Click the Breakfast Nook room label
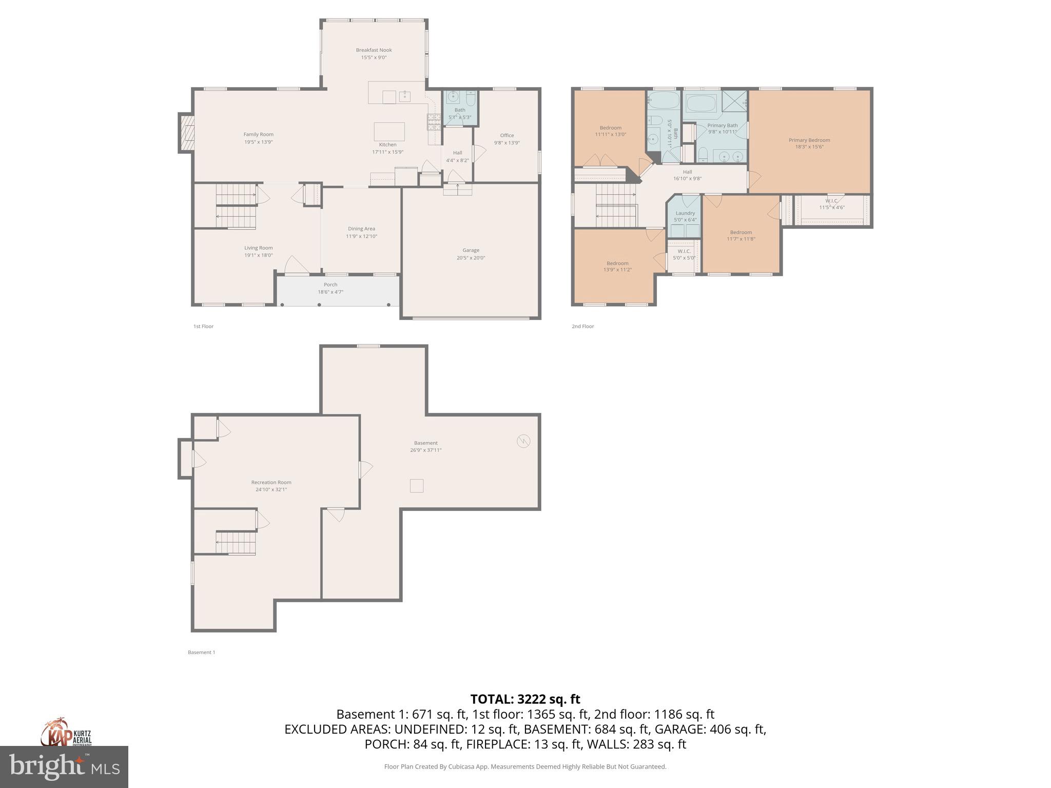click(374, 50)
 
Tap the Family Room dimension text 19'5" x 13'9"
click(259, 142)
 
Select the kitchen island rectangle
click(389, 131)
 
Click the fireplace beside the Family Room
click(186, 133)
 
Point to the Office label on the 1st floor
click(507, 135)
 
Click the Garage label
click(471, 250)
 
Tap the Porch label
click(330, 285)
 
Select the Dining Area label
click(361, 229)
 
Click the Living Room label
click(259, 248)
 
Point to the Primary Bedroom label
click(809, 140)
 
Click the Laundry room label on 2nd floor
click(685, 213)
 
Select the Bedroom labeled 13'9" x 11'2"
click(617, 266)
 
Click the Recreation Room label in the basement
click(271, 482)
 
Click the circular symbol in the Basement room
click(523, 441)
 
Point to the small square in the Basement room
click(417, 485)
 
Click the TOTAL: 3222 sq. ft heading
click(525, 699)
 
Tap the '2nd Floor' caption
click(583, 326)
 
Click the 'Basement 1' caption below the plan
click(201, 653)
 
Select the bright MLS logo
click(64, 766)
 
